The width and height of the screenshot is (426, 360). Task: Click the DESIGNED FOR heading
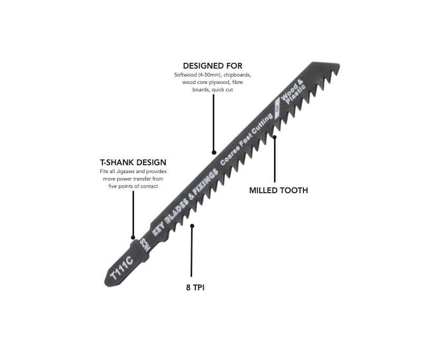point(213,66)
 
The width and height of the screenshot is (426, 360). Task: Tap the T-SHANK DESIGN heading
point(133,162)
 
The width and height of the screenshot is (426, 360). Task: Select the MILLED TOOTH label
point(278,190)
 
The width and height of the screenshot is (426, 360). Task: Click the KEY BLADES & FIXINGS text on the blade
point(185,203)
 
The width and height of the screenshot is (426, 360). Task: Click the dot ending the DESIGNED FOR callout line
point(213,152)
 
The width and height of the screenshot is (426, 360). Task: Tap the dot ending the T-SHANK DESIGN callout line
point(133,238)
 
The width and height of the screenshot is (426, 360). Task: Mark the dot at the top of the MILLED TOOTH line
point(274,138)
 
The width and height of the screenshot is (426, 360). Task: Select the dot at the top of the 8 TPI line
point(192,226)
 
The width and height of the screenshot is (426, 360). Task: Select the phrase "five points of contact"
point(134,186)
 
